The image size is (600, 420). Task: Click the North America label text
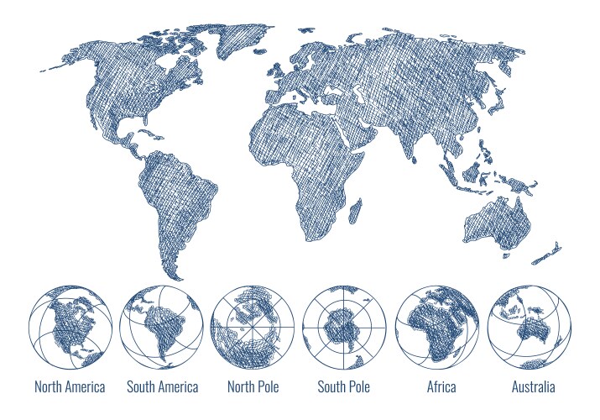coord(70,387)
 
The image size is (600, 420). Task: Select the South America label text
coord(162,387)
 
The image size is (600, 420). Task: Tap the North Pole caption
coord(253,387)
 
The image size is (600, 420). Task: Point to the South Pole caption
coord(343,387)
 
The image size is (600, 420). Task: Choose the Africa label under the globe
coord(441,387)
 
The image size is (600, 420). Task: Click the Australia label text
coord(533,387)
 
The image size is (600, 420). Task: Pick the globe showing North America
coord(70,328)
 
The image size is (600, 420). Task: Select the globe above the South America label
coord(161,328)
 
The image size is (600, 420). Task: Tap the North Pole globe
coord(253,328)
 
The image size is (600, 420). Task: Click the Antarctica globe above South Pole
coord(344,328)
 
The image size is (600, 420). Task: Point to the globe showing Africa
coord(436,328)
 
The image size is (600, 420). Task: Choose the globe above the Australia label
coord(529,328)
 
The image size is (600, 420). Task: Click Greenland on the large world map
coord(239,38)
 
